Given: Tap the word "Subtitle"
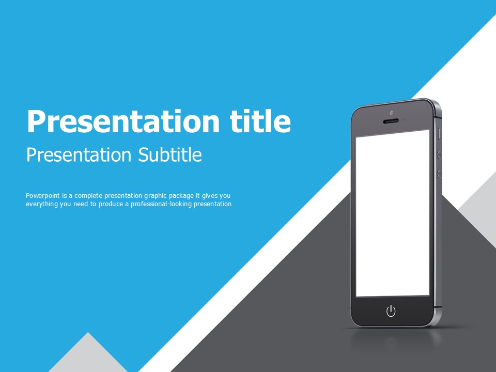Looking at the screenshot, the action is pyautogui.click(x=170, y=154).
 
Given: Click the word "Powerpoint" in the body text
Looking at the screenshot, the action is pyautogui.click(x=43, y=196).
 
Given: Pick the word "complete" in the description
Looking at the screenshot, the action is pyautogui.click(x=88, y=196).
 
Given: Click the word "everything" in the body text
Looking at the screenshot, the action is pyautogui.click(x=42, y=205).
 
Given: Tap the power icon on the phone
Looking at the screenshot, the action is pyautogui.click(x=391, y=311).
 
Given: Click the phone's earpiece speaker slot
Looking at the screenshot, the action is pyautogui.click(x=391, y=121).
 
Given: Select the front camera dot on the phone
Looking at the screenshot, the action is pyautogui.click(x=392, y=113).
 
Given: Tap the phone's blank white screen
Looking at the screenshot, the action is pyautogui.click(x=393, y=213).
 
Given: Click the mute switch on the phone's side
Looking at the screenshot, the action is pyautogui.click(x=439, y=133).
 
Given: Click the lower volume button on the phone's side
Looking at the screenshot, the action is pyautogui.click(x=439, y=174).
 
